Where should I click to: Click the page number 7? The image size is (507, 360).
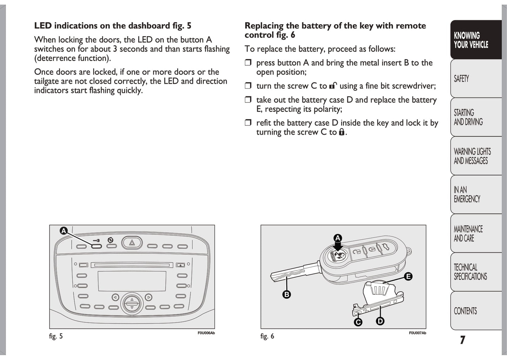(462, 340)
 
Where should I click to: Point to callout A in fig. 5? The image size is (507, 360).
(64, 231)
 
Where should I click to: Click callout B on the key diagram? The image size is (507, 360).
(287, 294)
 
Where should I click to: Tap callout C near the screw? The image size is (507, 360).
(358, 322)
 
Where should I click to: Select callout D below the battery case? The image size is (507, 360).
(380, 321)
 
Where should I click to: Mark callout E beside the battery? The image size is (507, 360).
(408, 276)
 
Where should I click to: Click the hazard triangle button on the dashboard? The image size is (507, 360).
(132, 242)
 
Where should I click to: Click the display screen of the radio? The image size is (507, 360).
(132, 281)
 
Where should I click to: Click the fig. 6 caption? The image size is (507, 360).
(267, 336)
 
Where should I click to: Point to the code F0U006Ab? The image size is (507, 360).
(206, 333)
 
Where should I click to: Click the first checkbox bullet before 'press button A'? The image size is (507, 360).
(248, 63)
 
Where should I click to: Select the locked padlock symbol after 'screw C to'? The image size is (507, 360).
(341, 132)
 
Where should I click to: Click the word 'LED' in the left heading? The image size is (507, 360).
(43, 26)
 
